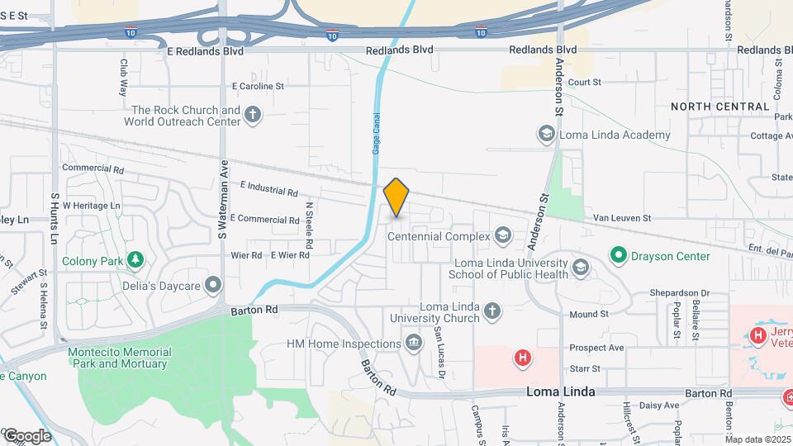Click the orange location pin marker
[396, 197]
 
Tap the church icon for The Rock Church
[253, 116]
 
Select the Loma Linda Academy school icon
[545, 135]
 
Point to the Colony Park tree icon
[135, 261]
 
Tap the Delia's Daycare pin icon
[214, 286]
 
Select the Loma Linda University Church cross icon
[492, 311]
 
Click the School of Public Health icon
[581, 267]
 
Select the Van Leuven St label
[623, 218]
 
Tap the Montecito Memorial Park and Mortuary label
[120, 357]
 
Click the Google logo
[26, 435]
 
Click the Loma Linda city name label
[560, 393]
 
